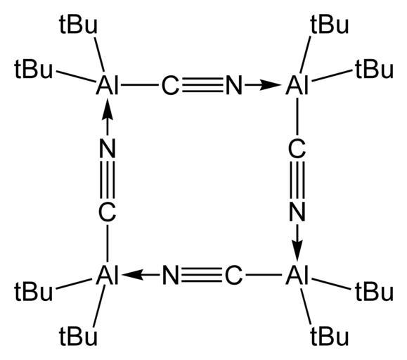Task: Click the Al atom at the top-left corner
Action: pyautogui.click(x=108, y=85)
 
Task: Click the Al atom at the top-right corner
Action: pyautogui.click(x=297, y=85)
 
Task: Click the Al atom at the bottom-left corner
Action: pyautogui.click(x=108, y=275)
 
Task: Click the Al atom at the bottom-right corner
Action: pyautogui.click(x=297, y=275)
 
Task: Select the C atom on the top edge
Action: pyautogui.click(x=170, y=85)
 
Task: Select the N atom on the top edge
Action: pyautogui.click(x=234, y=85)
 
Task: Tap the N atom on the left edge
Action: pyautogui.click(x=108, y=148)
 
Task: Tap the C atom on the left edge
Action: pyautogui.click(x=108, y=212)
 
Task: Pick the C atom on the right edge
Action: pyautogui.click(x=297, y=148)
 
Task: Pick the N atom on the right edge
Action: pyautogui.click(x=297, y=212)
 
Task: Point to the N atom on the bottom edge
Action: pyautogui.click(x=171, y=275)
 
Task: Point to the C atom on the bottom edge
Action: pyautogui.click(x=234, y=275)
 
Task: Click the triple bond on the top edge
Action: pyautogui.click(x=202, y=85)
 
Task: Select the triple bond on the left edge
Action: pyautogui.click(x=108, y=180)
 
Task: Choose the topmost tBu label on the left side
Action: pyautogui.click(x=78, y=24)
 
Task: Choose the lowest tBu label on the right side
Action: pyautogui.click(x=330, y=335)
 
